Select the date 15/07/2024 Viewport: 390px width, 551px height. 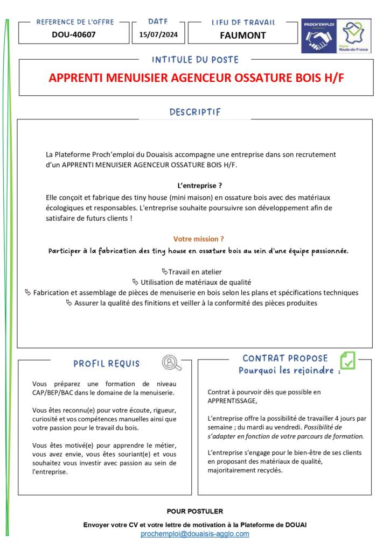click(158, 35)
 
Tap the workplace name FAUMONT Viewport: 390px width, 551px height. click(243, 36)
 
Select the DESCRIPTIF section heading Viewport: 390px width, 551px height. click(195, 112)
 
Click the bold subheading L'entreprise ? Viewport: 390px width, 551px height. click(200, 185)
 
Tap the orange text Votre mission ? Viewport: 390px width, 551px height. click(198, 239)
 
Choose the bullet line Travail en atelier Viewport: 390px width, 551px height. click(194, 272)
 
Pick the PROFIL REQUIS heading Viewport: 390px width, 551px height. click(106, 364)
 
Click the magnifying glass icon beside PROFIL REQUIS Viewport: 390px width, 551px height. click(171, 363)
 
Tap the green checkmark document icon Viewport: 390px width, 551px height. click(347, 360)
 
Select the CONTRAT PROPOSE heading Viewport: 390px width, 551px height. click(285, 358)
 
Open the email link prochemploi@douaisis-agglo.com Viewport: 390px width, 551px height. click(195, 534)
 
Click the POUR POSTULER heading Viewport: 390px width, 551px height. click(195, 511)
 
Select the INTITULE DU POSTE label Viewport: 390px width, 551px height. click(195, 60)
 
